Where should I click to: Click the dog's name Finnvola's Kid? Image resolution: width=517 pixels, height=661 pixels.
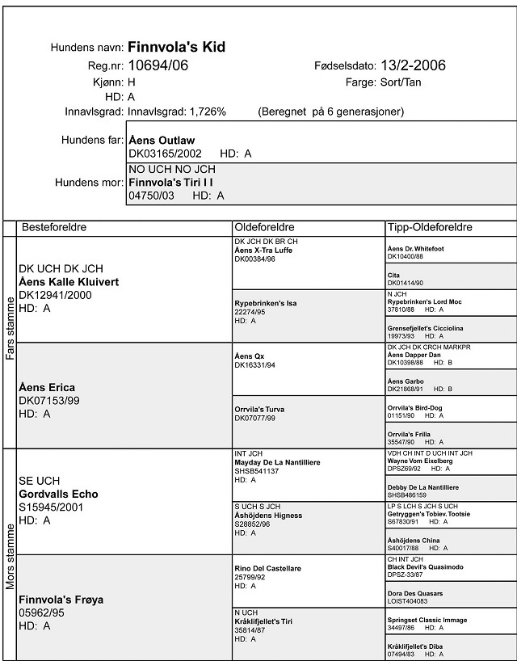176,47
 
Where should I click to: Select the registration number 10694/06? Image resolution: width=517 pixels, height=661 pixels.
158,65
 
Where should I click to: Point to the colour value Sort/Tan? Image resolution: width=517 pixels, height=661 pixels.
400,82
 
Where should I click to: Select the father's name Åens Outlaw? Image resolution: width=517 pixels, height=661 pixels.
162,141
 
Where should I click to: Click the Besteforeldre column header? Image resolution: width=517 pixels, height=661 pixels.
54,227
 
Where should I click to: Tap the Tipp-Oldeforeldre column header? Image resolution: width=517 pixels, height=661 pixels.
430,227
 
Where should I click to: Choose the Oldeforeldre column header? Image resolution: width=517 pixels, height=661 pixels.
264,227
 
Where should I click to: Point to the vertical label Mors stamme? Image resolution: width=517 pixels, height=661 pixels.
10,557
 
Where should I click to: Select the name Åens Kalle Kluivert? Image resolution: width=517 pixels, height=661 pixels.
69,282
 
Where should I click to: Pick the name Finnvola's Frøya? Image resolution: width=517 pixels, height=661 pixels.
61,600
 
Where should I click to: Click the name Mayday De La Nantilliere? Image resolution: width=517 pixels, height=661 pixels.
275,462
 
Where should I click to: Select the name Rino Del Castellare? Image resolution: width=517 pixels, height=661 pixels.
267,569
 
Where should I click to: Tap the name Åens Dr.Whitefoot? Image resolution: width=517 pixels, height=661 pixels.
416,248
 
